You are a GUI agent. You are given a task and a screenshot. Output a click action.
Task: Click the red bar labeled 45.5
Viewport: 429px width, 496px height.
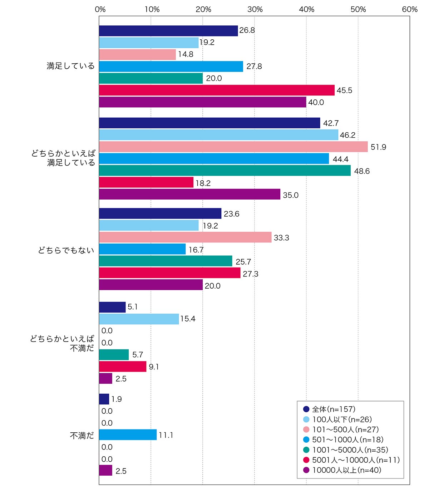[217, 90]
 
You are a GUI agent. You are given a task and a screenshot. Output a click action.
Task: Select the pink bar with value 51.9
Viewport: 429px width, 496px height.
[233, 147]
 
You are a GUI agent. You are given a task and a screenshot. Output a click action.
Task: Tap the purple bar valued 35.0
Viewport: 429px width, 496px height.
[189, 194]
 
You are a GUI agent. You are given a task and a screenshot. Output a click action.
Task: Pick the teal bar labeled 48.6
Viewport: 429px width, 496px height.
[225, 170]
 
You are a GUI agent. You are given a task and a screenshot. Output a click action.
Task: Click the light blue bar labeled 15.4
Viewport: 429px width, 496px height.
[139, 319]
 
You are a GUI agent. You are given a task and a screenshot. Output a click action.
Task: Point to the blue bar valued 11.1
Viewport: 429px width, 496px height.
[128, 434]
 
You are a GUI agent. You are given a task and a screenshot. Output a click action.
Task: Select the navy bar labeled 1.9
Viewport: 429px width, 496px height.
[104, 399]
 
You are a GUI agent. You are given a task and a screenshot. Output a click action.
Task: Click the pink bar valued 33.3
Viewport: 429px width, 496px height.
[185, 237]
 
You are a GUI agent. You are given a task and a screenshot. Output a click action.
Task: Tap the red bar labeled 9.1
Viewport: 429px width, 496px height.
[123, 367]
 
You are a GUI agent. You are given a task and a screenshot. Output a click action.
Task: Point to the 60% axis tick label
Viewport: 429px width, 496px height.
[410, 10]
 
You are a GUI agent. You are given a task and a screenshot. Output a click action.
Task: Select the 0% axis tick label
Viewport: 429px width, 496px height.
[100, 10]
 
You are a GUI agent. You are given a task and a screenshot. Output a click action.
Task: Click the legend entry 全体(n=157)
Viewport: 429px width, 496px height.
[329, 409]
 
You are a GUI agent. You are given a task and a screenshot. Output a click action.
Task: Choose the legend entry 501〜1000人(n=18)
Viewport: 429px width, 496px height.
[343, 439]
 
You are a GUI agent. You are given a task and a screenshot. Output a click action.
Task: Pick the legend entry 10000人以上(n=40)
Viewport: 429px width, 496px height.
[342, 470]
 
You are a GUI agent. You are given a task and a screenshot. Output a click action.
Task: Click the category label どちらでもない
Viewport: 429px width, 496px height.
[66, 250]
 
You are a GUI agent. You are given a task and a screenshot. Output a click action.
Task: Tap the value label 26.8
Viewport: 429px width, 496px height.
[247, 30]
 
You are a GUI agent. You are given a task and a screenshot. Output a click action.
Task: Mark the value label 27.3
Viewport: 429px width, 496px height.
[251, 274]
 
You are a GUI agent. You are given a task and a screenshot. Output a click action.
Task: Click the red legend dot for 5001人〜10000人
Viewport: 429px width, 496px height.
[306, 460]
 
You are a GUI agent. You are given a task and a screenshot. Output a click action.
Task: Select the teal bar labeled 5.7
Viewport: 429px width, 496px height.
[114, 355]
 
